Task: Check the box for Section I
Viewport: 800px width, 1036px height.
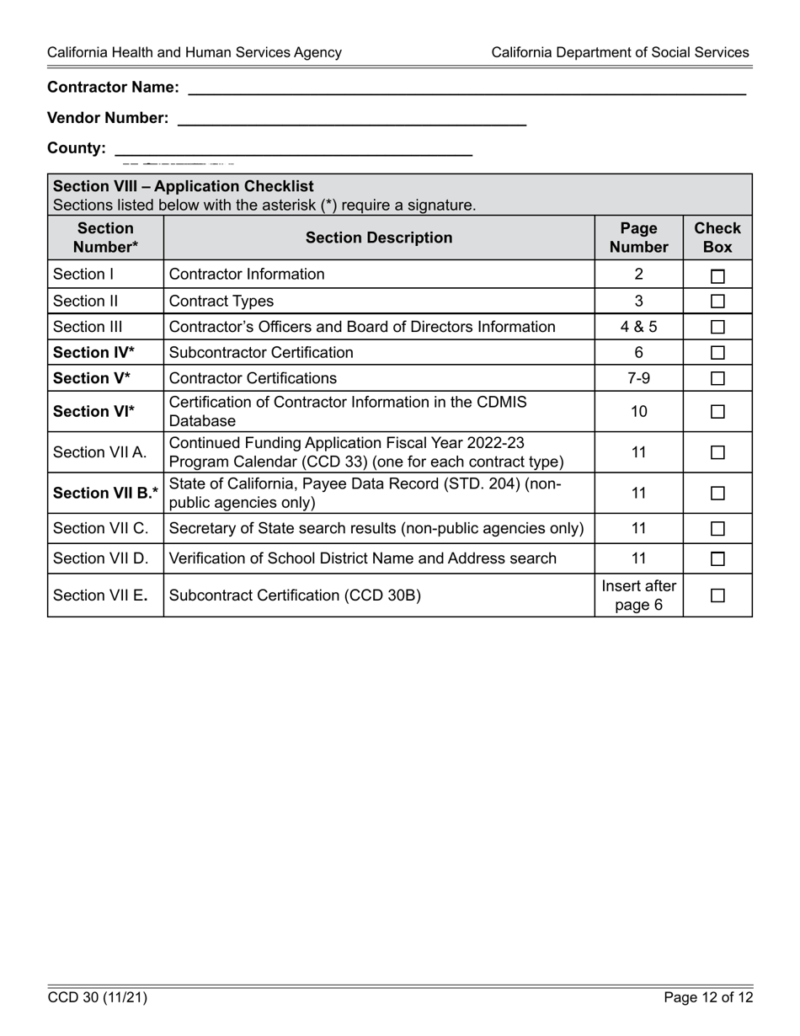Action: click(717, 275)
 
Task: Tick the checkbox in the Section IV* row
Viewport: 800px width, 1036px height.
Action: click(717, 353)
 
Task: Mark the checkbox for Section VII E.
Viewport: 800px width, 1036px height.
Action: click(717, 595)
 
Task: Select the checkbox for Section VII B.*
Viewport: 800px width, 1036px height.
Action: click(717, 494)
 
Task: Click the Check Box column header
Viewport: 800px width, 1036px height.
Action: click(717, 238)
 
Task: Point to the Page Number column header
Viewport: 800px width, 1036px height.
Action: click(638, 238)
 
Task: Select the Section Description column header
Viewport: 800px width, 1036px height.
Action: click(379, 238)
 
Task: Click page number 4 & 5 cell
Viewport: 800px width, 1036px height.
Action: click(638, 327)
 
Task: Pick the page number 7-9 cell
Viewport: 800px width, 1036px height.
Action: click(638, 378)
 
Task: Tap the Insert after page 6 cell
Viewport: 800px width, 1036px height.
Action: click(638, 595)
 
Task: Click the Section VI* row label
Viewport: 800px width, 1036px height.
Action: click(93, 412)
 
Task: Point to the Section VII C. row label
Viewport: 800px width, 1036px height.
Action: click(100, 529)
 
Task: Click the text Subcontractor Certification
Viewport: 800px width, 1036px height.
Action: click(261, 353)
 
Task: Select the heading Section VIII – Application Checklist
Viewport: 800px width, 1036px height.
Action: click(184, 186)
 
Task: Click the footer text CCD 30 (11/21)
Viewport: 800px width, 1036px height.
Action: click(98, 998)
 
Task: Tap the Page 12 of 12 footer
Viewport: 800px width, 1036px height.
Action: click(708, 998)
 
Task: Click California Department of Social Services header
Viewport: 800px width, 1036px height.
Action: click(620, 52)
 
